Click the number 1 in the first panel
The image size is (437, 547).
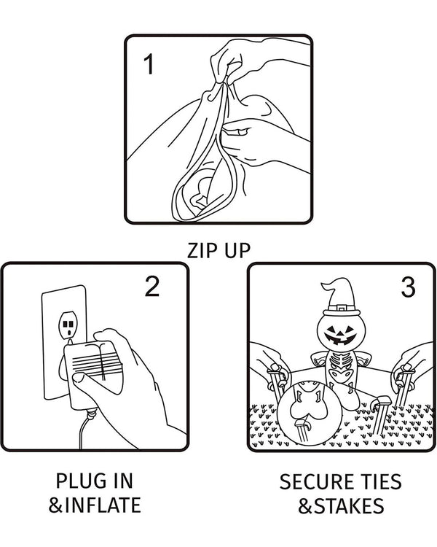149,64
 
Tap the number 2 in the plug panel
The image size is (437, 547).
152,287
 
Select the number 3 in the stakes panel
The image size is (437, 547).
408,287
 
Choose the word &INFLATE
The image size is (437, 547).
95,505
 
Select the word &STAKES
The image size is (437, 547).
341,506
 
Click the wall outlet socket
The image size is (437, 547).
67,325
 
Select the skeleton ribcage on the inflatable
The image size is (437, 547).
339,362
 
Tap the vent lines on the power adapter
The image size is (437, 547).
93,362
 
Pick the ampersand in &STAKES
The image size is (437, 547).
306,506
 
